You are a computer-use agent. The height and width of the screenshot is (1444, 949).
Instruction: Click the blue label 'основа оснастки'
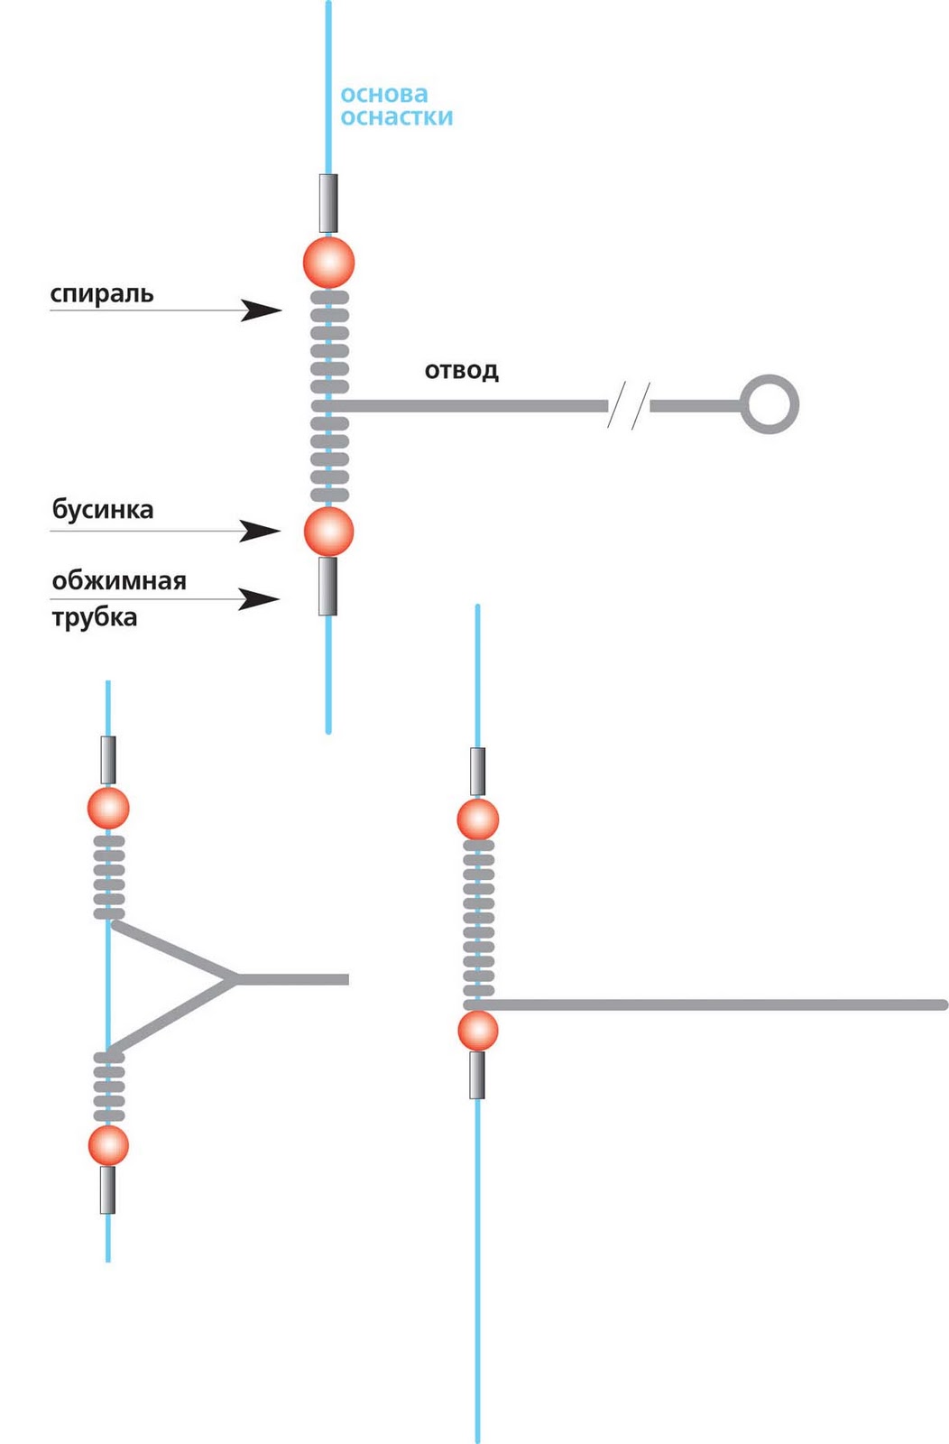396,106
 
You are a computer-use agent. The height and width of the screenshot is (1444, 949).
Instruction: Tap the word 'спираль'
102,293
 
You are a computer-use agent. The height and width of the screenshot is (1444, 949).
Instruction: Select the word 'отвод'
461,370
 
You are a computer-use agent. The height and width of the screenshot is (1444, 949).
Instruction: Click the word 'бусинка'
103,510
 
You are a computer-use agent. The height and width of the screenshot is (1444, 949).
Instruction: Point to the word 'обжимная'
119,580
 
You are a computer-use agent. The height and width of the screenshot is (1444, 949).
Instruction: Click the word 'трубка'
95,617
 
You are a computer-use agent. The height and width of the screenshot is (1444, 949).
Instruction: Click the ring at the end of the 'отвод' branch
769,404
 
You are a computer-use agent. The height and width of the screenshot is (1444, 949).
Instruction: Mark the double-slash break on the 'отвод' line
629,405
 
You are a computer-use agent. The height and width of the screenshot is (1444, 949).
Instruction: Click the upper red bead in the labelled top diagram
328,262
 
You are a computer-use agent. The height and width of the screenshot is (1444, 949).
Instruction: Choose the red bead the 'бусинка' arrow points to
328,531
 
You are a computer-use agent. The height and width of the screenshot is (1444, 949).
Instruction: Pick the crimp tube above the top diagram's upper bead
328,203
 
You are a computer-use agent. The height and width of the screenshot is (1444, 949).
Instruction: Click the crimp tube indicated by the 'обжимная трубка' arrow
327,586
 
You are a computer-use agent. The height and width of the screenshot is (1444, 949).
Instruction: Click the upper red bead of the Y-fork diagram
108,808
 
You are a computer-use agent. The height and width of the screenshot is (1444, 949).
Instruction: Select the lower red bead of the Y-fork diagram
108,1145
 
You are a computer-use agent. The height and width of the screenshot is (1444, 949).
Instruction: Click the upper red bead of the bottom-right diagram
478,819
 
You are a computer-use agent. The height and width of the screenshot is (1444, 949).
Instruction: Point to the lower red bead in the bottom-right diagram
478,1031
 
